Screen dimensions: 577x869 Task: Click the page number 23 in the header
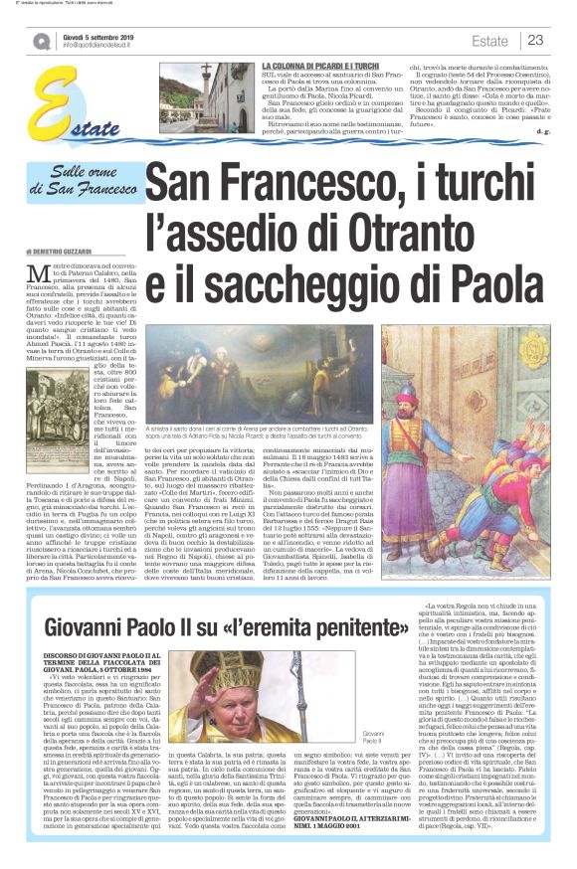tap(534, 40)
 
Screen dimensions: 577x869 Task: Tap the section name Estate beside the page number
tap(490, 40)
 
